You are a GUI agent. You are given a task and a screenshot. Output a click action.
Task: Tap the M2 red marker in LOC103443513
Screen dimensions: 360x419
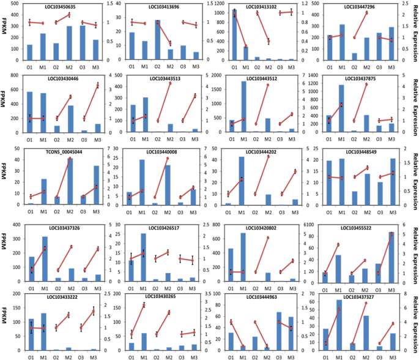[169, 83]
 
